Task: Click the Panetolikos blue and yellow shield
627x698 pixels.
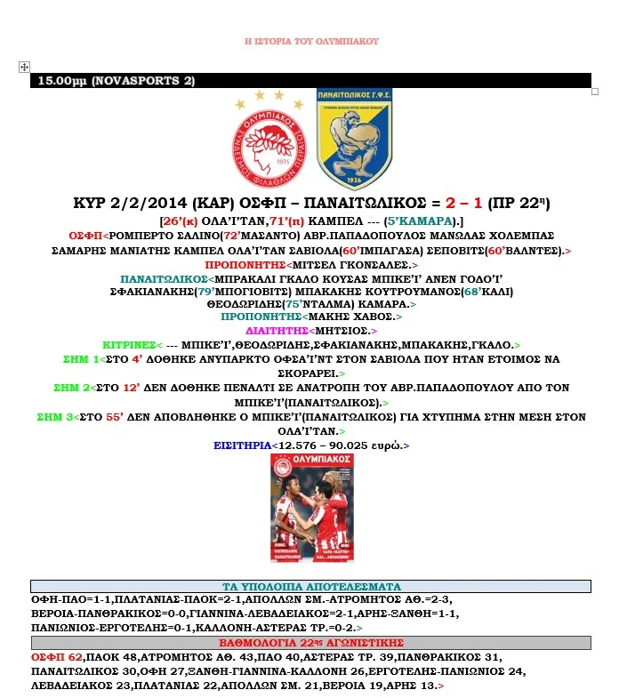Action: point(354,138)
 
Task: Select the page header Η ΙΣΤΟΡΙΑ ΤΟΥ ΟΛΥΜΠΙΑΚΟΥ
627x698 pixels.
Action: point(311,42)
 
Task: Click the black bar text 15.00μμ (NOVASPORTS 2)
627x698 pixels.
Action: point(116,81)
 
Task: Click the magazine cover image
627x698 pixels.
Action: point(311,508)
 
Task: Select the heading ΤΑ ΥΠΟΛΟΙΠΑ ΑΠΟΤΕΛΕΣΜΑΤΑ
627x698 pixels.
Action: point(310,586)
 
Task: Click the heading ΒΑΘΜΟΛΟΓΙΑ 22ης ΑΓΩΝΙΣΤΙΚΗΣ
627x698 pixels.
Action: point(310,643)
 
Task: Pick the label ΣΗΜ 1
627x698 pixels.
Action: point(83,358)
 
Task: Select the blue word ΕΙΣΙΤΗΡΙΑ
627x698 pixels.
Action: point(244,445)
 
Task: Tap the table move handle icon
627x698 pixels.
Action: point(24,67)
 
